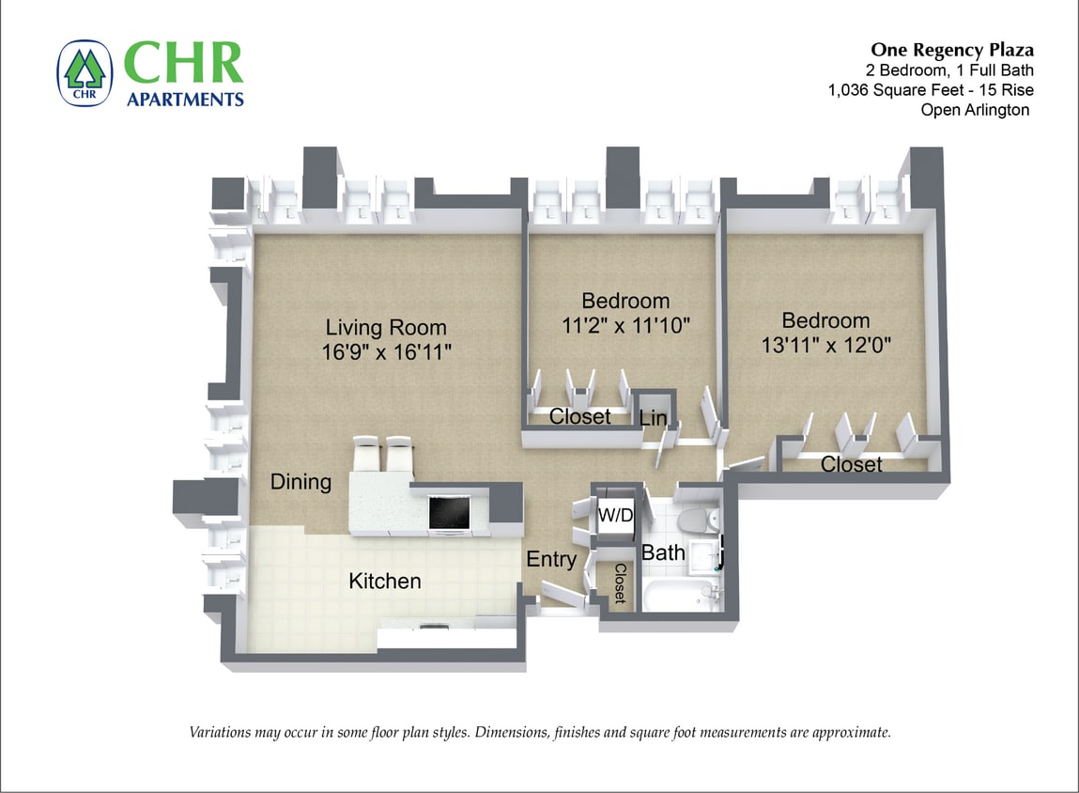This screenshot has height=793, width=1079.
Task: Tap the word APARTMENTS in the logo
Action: point(185,99)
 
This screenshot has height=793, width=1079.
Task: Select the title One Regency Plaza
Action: point(952,50)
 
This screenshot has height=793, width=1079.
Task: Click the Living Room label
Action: point(386,328)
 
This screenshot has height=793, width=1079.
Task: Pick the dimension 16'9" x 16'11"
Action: point(386,352)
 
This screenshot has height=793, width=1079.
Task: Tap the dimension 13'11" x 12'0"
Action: point(825,344)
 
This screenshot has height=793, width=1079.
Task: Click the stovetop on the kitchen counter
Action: point(450,512)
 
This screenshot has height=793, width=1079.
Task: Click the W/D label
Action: point(615,516)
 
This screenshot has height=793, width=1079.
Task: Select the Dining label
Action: point(301,482)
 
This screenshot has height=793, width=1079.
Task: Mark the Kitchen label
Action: point(385,582)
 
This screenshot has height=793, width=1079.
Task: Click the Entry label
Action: point(551,560)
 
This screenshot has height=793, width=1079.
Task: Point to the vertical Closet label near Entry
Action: point(621,583)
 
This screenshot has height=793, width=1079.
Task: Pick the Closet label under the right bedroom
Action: point(852,464)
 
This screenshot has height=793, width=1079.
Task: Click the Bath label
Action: point(663,552)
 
